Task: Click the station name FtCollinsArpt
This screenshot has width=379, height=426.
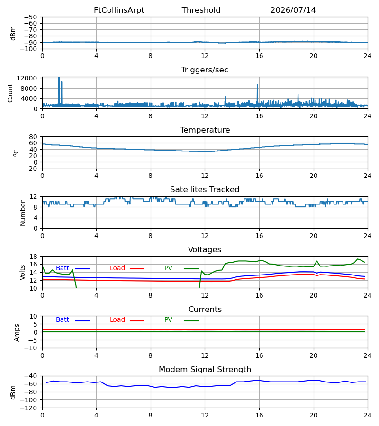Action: pos(119,10)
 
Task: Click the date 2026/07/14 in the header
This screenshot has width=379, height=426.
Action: pos(293,10)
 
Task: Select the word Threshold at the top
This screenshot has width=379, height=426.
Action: pos(201,10)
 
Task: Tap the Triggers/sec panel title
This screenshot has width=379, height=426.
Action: pos(205,70)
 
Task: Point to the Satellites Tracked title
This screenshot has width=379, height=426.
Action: pos(205,190)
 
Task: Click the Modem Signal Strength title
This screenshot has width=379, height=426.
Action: pos(205,370)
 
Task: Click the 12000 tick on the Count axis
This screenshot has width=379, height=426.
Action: pos(27,78)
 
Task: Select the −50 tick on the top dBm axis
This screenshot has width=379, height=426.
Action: pos(30,17)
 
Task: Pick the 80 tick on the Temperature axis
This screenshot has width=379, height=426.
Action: pos(33,137)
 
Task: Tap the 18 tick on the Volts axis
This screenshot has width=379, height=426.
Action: pos(33,257)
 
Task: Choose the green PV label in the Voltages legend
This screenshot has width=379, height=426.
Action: pos(168,268)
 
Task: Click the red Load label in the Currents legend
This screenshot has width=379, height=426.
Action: pos(117,320)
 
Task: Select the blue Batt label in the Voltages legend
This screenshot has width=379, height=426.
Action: pos(63,268)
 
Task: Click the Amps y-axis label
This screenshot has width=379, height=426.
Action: pos(17,333)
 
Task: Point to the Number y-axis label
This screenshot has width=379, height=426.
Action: pos(23,213)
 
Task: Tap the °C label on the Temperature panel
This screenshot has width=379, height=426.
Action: pos(16,153)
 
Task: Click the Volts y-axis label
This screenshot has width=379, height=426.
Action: pos(22,273)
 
